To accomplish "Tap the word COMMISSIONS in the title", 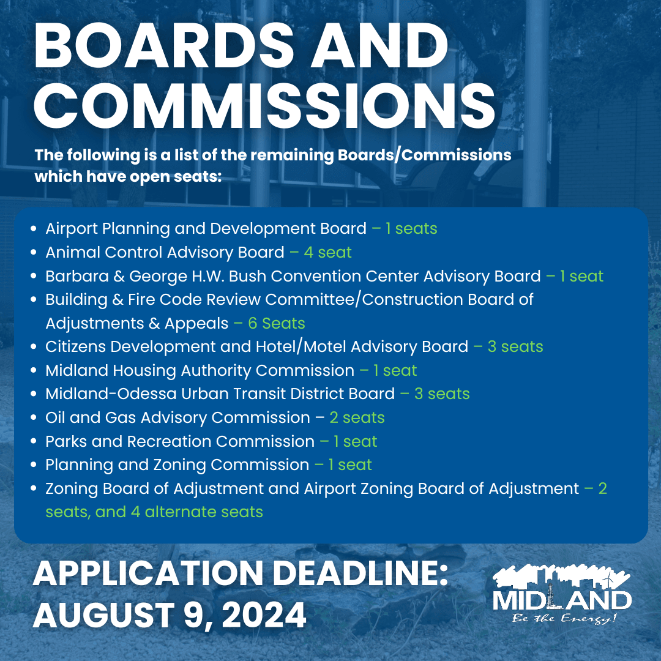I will point(264,106).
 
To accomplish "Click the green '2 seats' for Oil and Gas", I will point(357,418).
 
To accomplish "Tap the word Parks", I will point(65,442).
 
